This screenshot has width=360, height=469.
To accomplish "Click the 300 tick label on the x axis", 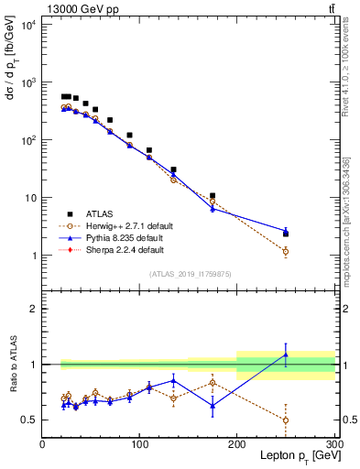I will point(334,444).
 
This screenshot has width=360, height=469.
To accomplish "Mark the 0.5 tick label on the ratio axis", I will point(31,420).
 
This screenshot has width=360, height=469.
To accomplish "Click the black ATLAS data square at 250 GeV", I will point(286,234).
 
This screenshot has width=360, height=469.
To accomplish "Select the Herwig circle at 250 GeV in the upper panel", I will point(286,251).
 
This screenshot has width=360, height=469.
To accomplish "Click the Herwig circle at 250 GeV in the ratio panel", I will point(286,420).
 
